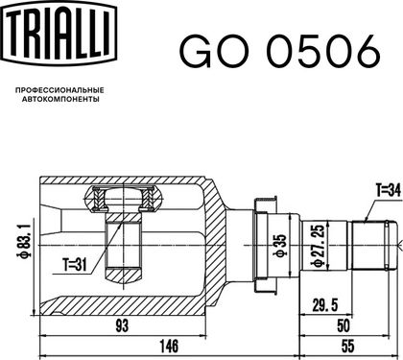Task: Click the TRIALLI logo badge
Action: coord(59,33)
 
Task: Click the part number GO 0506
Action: coord(280,52)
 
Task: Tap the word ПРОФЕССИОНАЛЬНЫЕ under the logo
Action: coord(59,90)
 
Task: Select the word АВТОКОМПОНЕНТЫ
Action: coord(60,99)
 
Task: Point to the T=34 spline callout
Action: coord(389,191)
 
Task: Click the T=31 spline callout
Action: coord(75,265)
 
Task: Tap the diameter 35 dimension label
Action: coord(279,246)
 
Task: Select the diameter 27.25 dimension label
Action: coord(320,246)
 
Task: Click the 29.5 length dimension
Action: coord(325,305)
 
